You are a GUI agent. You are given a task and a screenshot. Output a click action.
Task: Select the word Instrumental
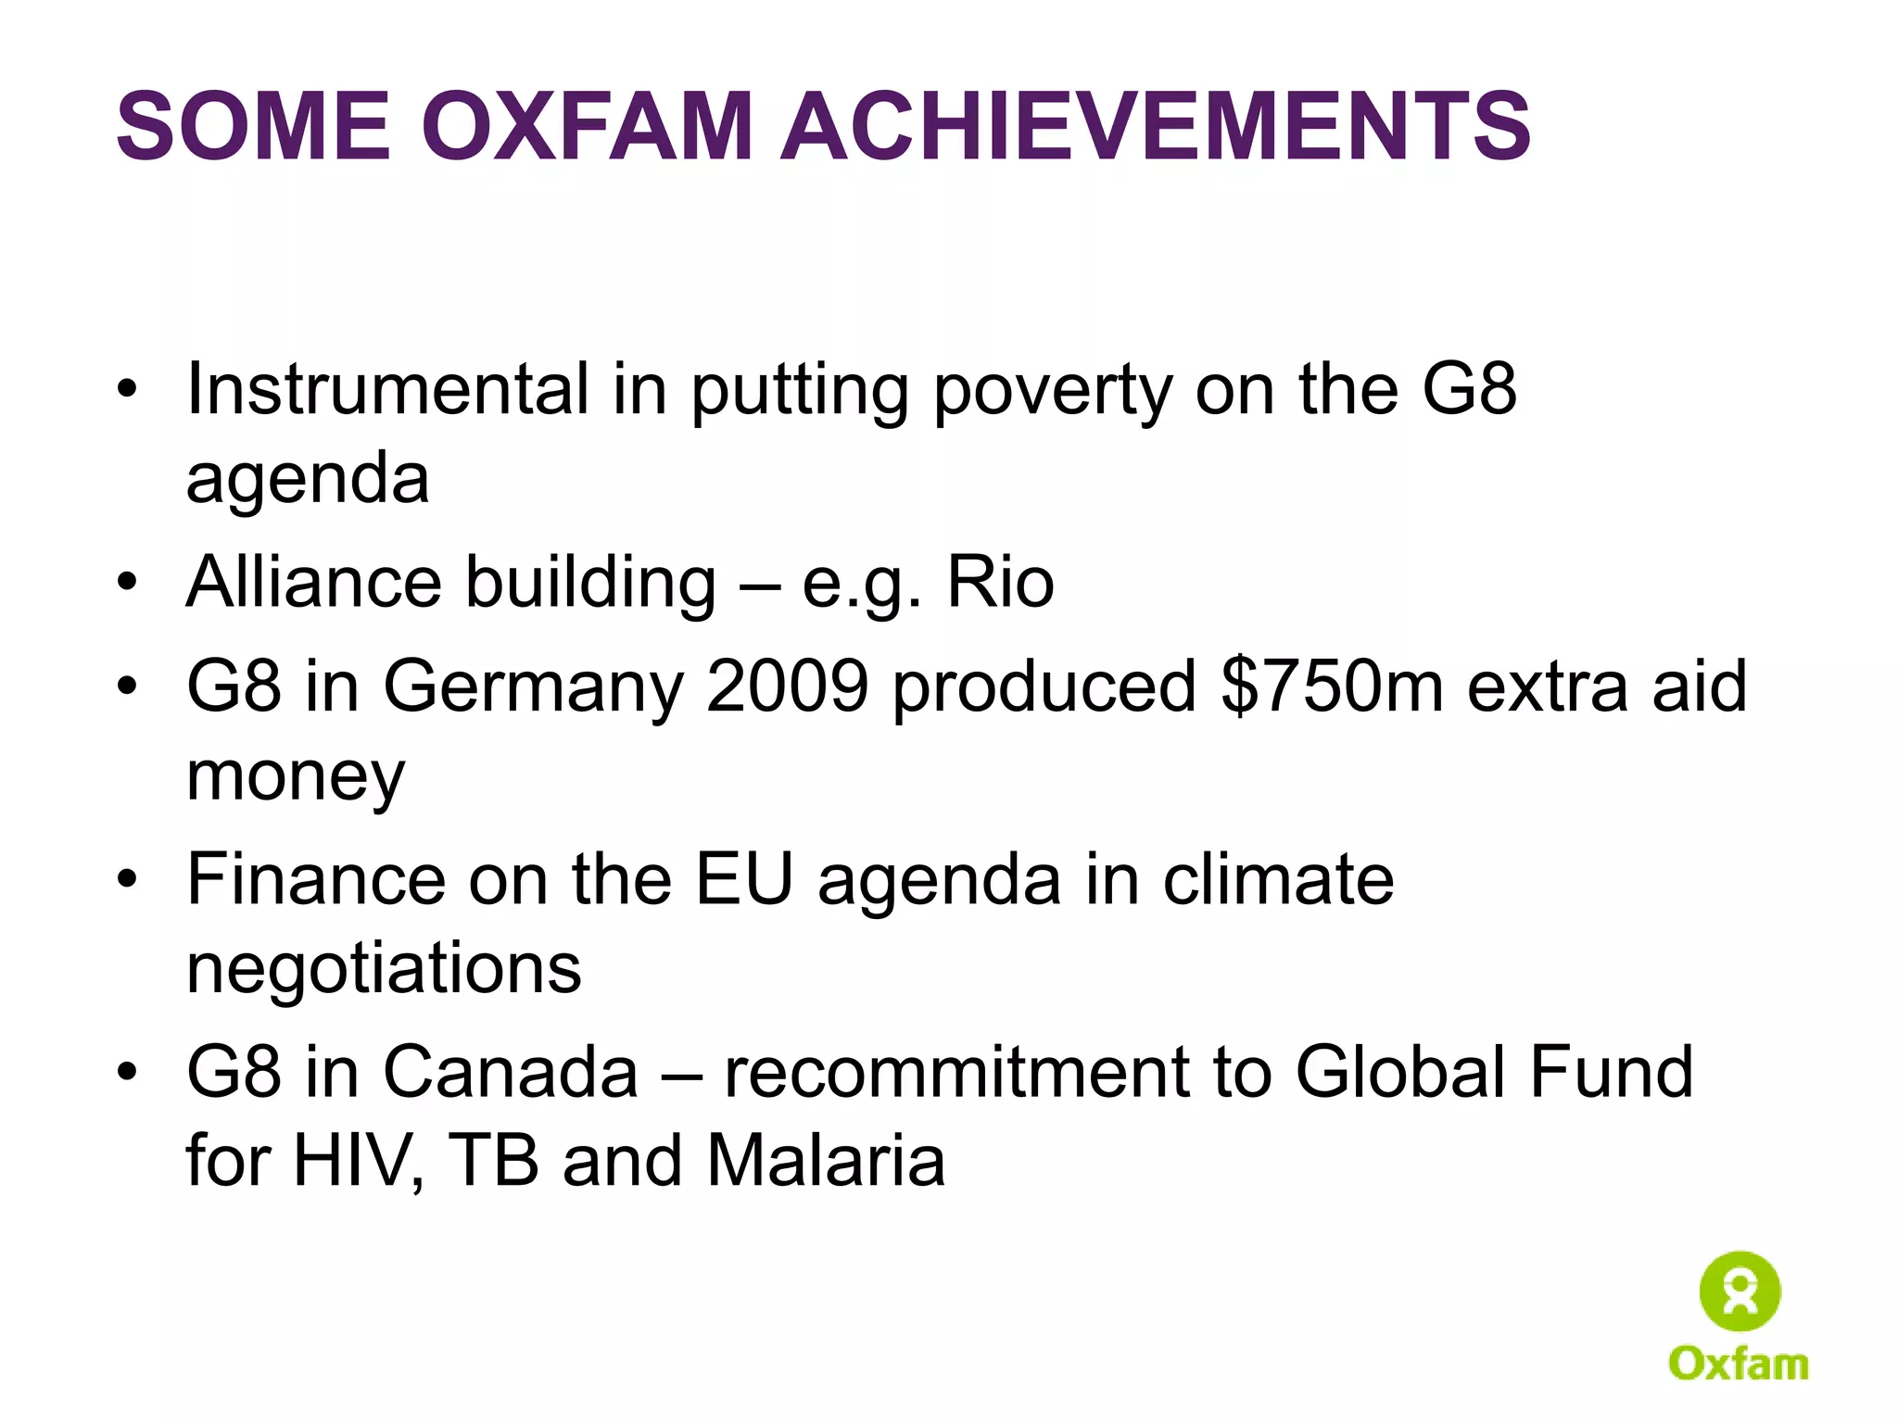pyautogui.click(x=387, y=389)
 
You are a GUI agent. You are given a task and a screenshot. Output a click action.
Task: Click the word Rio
pyautogui.click(x=1000, y=583)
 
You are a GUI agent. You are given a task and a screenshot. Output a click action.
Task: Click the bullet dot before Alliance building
pyautogui.click(x=127, y=583)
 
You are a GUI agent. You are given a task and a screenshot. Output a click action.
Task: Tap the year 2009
pyautogui.click(x=787, y=686)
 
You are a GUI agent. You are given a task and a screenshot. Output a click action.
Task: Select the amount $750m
pyautogui.click(x=1332, y=686)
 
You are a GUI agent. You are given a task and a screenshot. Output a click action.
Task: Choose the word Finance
pyautogui.click(x=316, y=878)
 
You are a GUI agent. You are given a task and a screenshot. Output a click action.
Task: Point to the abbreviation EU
pyautogui.click(x=744, y=878)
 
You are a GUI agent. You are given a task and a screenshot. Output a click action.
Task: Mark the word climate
pyautogui.click(x=1278, y=878)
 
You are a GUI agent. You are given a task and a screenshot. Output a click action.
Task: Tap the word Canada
pyautogui.click(x=511, y=1072)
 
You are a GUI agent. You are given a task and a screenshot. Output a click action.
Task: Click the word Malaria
pyautogui.click(x=826, y=1160)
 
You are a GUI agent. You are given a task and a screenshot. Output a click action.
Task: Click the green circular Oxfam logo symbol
pyautogui.click(x=1740, y=1291)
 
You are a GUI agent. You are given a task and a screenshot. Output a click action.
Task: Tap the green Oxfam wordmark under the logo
pyautogui.click(x=1739, y=1364)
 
